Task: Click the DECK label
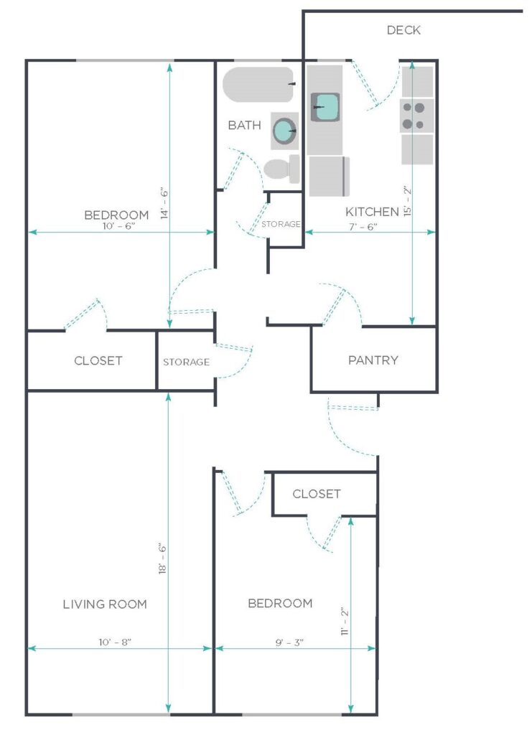pos(403,30)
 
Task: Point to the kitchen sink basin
pos(325,108)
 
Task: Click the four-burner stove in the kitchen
pos(416,116)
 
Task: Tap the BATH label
pos(244,126)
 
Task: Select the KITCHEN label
pos(372,212)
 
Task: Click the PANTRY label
pos(373,360)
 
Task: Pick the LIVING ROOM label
pos(105,604)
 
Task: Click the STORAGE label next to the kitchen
pos(281,225)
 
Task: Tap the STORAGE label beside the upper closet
pos(186,362)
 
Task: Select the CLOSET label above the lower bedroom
pos(316,494)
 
